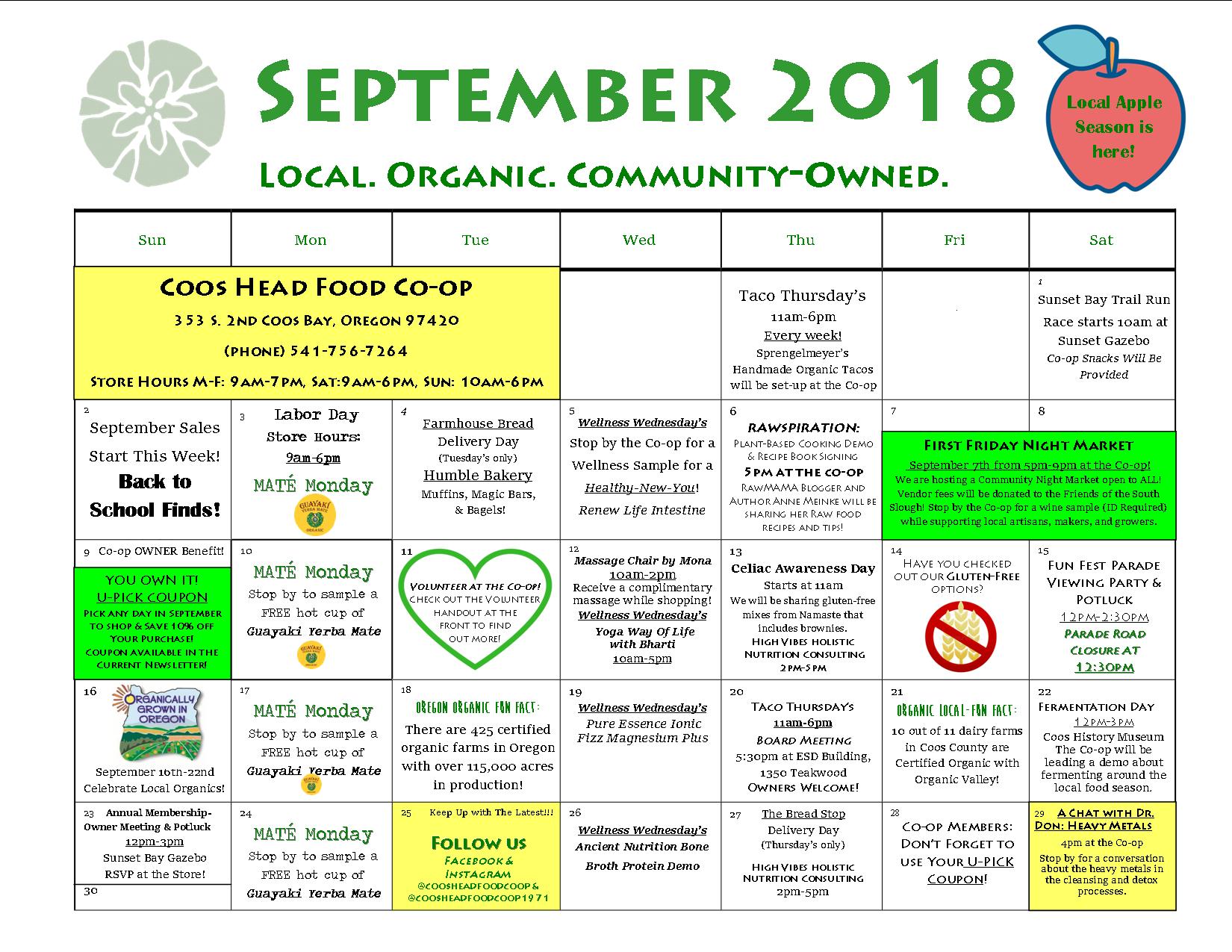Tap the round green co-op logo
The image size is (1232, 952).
(x=152, y=113)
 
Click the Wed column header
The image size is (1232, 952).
(x=639, y=240)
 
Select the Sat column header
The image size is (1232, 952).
(x=1101, y=240)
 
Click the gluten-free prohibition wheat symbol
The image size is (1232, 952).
(x=960, y=635)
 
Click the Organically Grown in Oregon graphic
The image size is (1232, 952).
(x=158, y=721)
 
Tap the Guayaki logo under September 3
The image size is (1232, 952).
(x=314, y=515)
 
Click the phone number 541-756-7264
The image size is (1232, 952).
(x=349, y=351)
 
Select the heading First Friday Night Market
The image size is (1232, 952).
(x=1028, y=445)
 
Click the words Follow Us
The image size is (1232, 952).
(x=479, y=843)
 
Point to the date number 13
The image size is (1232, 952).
(x=735, y=552)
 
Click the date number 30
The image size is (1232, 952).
(x=90, y=891)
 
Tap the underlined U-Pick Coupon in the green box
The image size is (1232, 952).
(x=152, y=597)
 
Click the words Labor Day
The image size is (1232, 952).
(x=317, y=414)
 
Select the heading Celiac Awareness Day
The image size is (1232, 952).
(x=803, y=568)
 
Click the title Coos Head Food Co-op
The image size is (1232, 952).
(x=316, y=287)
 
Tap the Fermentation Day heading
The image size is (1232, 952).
(x=1096, y=707)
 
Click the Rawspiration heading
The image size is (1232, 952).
(x=803, y=428)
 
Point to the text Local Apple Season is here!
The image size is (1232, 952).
(x=1114, y=127)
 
